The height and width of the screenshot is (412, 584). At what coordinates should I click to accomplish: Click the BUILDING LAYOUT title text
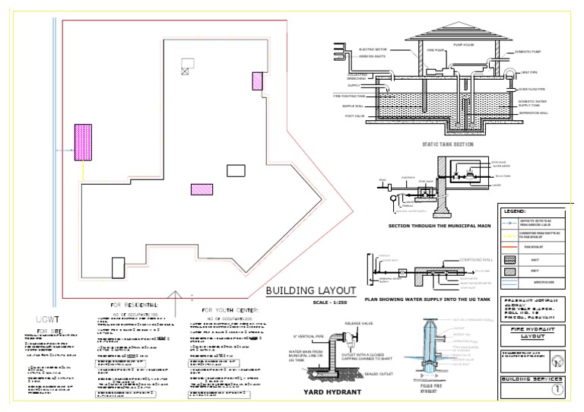[311, 290]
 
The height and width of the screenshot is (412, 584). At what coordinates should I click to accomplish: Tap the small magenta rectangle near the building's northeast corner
[257, 81]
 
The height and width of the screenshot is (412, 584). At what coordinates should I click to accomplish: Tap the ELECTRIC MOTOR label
[369, 49]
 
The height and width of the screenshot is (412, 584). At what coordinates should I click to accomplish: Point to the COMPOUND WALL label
[476, 260]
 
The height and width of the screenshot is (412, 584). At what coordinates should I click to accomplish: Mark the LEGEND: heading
[517, 211]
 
